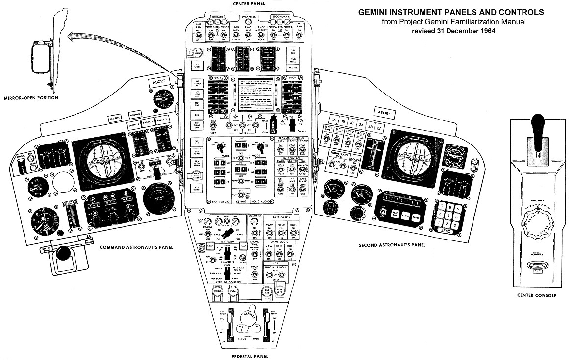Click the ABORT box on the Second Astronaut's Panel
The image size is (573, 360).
pyautogui.click(x=384, y=113)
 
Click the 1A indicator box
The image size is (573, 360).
pyautogui.click(x=333, y=120)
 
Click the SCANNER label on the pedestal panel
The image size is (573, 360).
pyautogui.click(x=256, y=216)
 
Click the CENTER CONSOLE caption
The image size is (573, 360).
pyautogui.click(x=536, y=295)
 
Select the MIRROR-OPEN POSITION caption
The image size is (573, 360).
pyautogui.click(x=30, y=98)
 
